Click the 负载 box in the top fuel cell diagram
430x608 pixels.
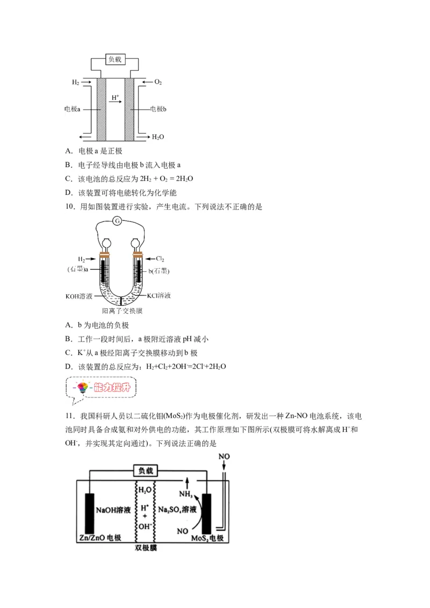(x=115, y=59)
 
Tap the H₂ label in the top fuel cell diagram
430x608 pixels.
(x=75, y=82)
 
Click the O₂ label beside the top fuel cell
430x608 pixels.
(x=158, y=82)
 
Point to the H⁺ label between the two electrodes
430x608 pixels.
(x=115, y=97)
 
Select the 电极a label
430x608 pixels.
(x=72, y=109)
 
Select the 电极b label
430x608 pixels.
(x=159, y=109)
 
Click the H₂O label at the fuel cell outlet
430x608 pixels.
(x=158, y=137)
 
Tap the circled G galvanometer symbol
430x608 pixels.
(x=117, y=221)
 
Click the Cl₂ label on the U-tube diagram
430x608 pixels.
(x=160, y=259)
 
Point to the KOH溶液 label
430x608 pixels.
(x=79, y=296)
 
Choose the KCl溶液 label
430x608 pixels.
(x=159, y=295)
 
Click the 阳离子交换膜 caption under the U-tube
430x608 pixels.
(x=122, y=311)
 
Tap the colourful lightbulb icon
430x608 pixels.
(x=82, y=387)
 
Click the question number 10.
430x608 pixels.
(x=70, y=207)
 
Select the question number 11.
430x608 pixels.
(x=70, y=416)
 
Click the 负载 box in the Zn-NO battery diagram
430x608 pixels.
(x=146, y=471)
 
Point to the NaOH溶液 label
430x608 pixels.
(x=113, y=510)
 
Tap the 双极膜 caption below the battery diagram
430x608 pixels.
(x=146, y=547)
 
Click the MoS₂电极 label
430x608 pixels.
(x=207, y=538)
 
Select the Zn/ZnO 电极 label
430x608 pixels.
(x=100, y=538)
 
